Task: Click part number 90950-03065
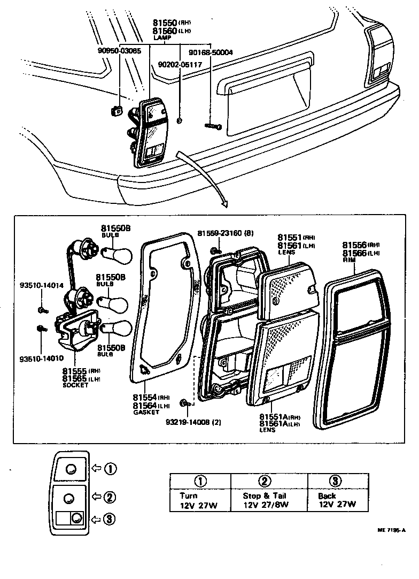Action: click(119, 51)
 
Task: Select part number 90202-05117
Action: click(180, 65)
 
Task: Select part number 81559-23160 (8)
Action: click(226, 233)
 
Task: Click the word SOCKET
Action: click(75, 385)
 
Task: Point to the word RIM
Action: click(348, 260)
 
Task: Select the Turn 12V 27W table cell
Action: click(199, 500)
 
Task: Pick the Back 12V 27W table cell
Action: click(334, 500)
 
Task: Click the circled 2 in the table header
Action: click(266, 481)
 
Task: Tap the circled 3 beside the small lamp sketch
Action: click(110, 519)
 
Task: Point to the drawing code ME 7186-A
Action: click(393, 530)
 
